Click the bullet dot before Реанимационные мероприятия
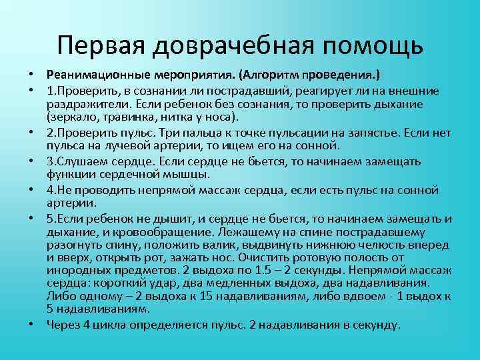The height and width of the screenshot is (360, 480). pos(33,73)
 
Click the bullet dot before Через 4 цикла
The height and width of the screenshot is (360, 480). pos(33,325)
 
